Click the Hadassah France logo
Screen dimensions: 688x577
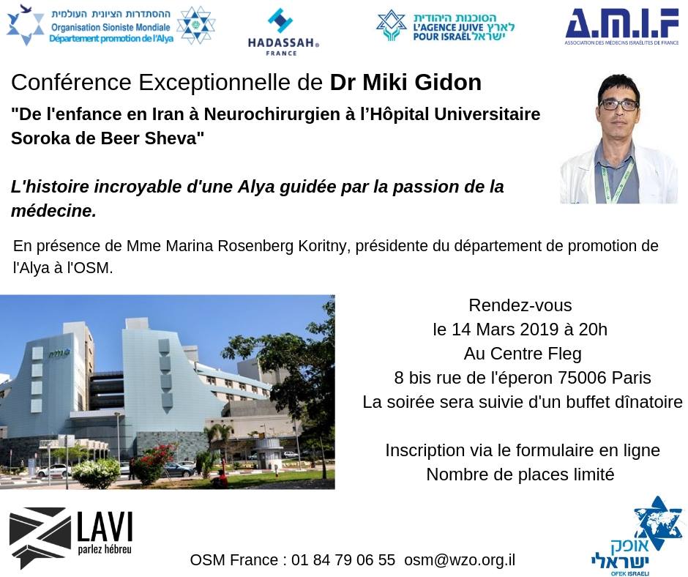pyautogui.click(x=283, y=31)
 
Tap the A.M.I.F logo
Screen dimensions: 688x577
pyautogui.click(x=621, y=27)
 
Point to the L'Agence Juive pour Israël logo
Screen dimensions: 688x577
pyautogui.click(x=445, y=27)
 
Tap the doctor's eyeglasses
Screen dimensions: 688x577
pyautogui.click(x=618, y=105)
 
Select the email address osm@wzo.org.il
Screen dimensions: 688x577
pyautogui.click(x=460, y=560)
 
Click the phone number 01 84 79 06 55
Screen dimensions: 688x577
pyautogui.click(x=343, y=560)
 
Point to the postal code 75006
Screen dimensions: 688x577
pyautogui.click(x=582, y=378)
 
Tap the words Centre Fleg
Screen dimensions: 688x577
pyautogui.click(x=536, y=354)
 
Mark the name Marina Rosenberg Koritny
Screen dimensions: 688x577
pyautogui.click(x=255, y=246)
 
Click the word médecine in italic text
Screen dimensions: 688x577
pyautogui.click(x=53, y=211)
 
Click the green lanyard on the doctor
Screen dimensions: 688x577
pyautogui.click(x=618, y=181)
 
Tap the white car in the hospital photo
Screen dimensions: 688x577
pyautogui.click(x=53, y=471)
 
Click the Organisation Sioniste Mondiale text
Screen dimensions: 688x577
pyautogui.click(x=111, y=27)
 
